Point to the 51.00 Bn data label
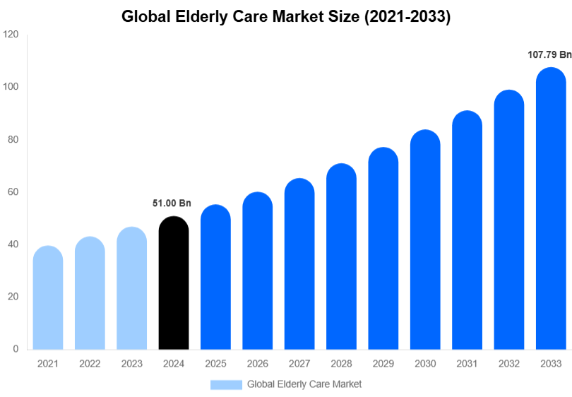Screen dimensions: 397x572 (172, 203)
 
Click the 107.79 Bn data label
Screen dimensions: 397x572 (549, 54)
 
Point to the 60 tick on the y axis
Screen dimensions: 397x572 (13, 192)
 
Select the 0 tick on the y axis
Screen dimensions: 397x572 (16, 349)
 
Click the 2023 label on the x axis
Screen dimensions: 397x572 (132, 364)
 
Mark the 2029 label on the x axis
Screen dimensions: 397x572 (383, 364)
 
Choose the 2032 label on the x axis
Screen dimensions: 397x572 (508, 364)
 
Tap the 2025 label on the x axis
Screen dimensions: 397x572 (215, 364)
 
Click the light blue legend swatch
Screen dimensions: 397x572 (226, 384)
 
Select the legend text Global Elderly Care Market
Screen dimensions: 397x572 (304, 384)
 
